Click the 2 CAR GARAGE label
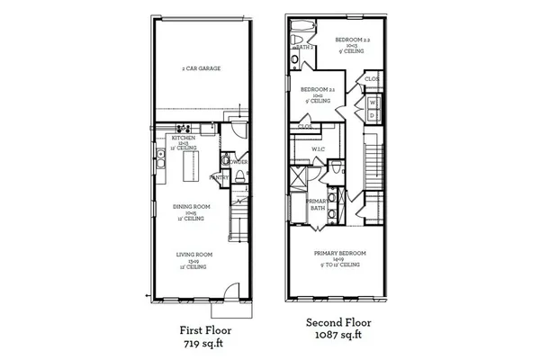pos(202,68)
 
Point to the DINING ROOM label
pos(191,207)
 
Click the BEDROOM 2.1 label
pos(319,90)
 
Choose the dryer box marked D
pos(373,116)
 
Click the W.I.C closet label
pos(319,149)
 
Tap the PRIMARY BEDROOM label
pos(337,254)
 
